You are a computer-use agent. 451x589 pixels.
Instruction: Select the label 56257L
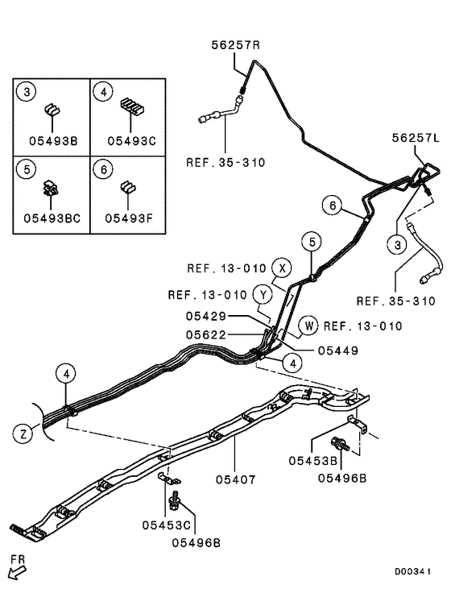pyautogui.click(x=416, y=139)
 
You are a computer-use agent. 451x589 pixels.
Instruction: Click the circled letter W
pyautogui.click(x=308, y=326)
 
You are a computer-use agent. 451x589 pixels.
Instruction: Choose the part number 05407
pyautogui.click(x=235, y=479)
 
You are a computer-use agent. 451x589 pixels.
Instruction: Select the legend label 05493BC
pyautogui.click(x=51, y=217)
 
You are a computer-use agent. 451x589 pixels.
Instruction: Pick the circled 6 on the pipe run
pyautogui.click(x=330, y=205)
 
